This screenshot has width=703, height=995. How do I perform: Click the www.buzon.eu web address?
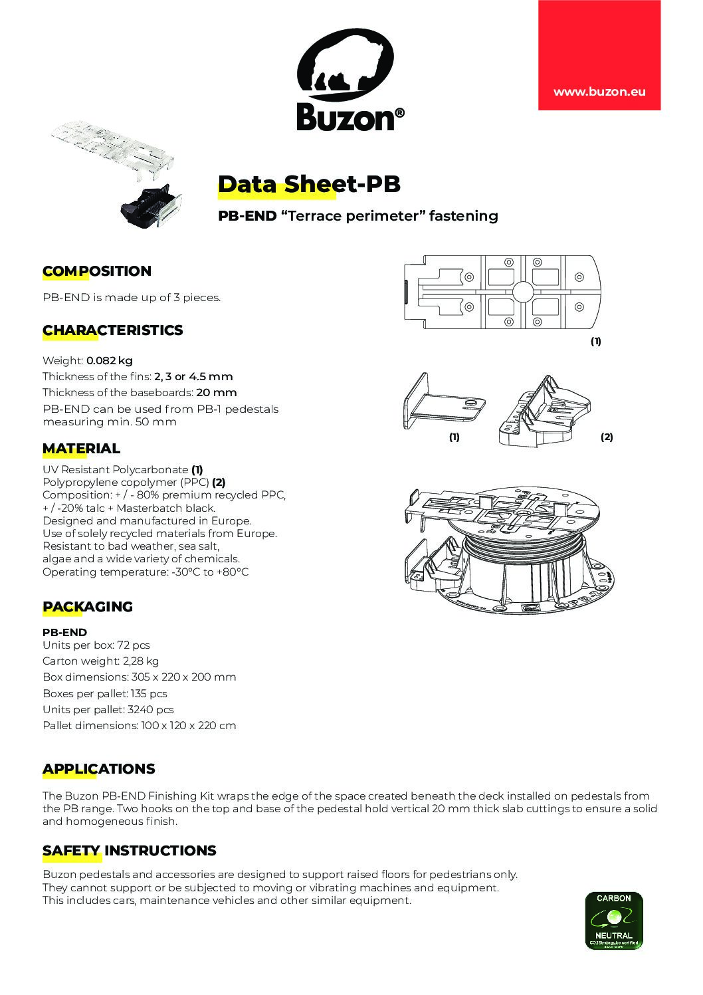pos(599,92)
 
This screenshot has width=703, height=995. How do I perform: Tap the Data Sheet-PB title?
pos(309,184)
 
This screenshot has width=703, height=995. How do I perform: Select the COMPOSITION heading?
pos(97,271)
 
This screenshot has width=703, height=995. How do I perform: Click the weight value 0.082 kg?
pos(110,361)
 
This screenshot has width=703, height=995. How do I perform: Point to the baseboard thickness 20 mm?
pos(217,392)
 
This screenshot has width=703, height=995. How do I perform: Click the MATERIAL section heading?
pos(81,449)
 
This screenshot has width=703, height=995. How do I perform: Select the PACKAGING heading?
pos(88,607)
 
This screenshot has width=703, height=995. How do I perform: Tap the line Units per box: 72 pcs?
pos(96,645)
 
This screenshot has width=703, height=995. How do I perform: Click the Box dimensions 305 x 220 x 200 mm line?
pos(140,677)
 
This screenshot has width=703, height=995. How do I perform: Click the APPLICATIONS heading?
pos(98,769)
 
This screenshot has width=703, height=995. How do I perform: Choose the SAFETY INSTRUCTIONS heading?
pos(129,851)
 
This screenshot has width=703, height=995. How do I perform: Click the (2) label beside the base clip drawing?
pos(607,437)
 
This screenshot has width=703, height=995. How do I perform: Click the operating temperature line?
pos(146,572)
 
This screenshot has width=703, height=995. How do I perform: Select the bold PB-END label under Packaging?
pos(64,633)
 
